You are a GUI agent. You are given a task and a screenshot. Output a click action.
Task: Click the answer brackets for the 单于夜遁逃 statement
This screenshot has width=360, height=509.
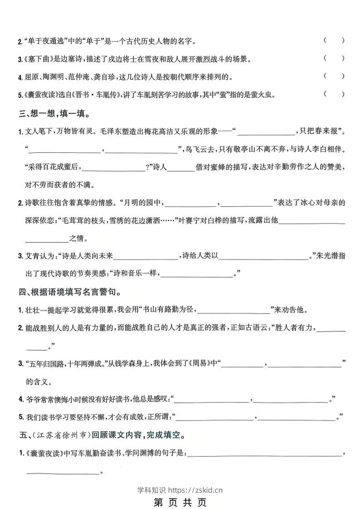[334, 40]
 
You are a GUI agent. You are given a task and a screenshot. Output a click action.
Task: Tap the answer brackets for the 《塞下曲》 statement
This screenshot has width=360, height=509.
[334, 58]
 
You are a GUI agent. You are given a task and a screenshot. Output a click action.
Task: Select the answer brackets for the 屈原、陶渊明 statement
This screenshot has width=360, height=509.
[334, 76]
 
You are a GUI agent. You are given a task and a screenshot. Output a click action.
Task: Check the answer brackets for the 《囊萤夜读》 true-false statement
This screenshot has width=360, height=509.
[334, 94]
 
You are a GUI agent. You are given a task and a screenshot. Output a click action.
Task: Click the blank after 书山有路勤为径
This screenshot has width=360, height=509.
[234, 311]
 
